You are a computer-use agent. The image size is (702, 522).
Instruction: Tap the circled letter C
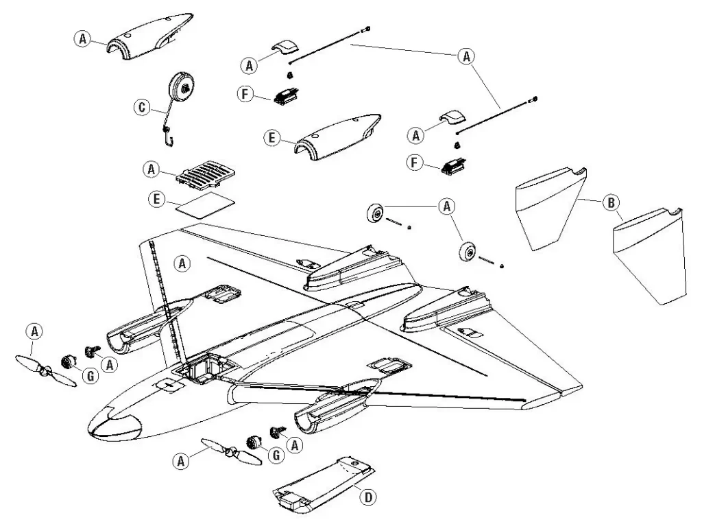point(141,106)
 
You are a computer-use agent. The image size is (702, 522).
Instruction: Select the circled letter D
point(368,497)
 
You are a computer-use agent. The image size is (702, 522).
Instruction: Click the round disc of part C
point(183,87)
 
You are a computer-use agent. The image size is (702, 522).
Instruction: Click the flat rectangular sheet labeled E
point(204,204)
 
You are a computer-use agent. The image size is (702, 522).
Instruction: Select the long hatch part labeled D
point(322,484)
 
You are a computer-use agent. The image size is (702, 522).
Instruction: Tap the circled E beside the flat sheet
point(157,199)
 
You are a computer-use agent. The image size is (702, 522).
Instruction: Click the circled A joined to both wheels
point(446,205)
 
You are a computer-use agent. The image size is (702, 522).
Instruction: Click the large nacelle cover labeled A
point(149,36)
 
